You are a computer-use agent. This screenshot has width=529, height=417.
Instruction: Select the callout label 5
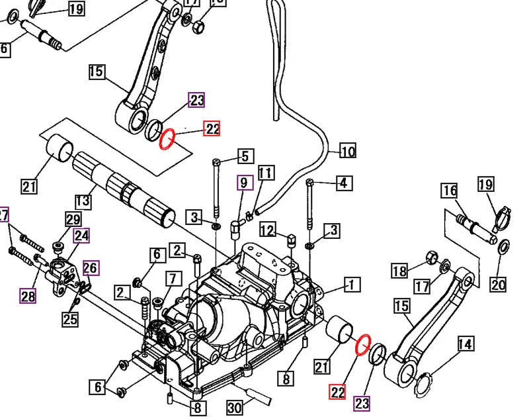[245, 157]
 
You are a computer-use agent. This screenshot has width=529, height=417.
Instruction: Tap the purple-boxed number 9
[243, 182]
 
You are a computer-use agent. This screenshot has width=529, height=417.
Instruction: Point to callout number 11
[265, 174]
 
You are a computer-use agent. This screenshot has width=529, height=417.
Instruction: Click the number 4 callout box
[343, 183]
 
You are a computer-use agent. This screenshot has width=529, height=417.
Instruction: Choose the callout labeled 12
[267, 230]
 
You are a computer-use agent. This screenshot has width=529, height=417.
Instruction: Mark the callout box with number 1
[351, 285]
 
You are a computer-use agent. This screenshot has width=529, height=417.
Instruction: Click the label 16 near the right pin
[450, 191]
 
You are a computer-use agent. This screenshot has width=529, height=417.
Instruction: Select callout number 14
[466, 344]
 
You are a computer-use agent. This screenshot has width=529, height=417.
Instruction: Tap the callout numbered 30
[235, 408]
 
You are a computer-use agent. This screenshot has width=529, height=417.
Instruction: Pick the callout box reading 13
[82, 201]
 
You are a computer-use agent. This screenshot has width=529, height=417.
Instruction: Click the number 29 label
[72, 220]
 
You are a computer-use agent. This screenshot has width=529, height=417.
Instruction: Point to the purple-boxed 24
[82, 235]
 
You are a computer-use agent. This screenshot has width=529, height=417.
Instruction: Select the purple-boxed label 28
[28, 296]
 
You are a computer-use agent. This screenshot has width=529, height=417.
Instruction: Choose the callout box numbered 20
[498, 285]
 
